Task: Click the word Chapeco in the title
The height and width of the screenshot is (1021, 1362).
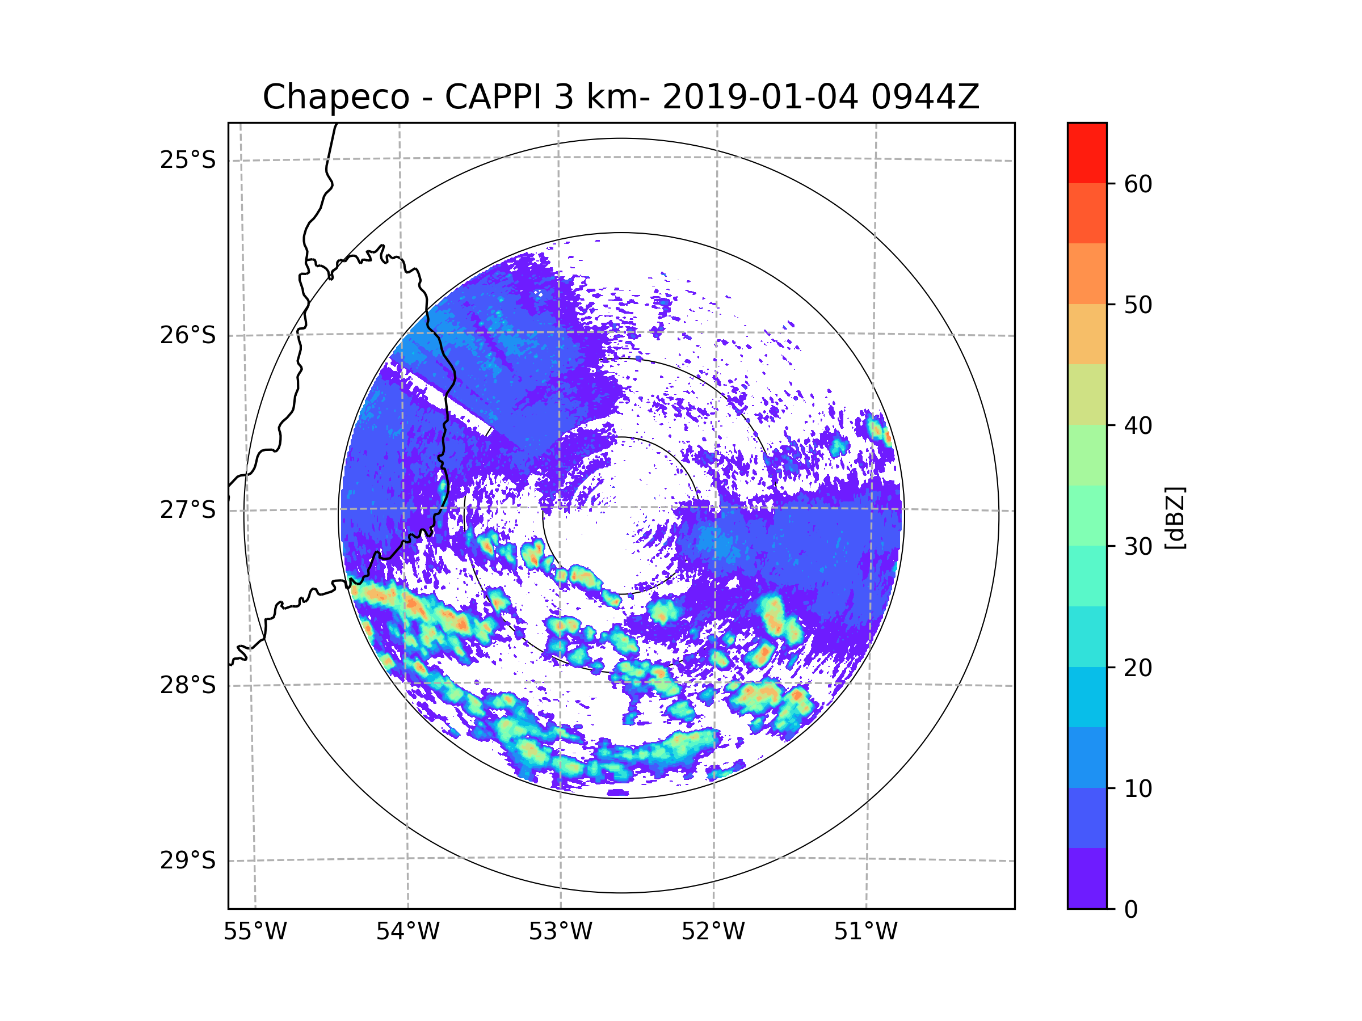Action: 335,97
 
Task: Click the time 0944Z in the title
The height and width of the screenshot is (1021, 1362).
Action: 924,97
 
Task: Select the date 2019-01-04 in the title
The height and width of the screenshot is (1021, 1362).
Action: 760,97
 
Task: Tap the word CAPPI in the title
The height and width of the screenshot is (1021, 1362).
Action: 493,97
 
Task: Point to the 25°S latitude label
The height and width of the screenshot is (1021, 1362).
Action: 188,160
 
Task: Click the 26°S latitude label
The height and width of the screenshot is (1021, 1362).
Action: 188,335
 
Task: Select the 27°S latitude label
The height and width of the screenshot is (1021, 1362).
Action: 188,510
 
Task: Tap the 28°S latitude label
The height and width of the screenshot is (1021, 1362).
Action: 188,685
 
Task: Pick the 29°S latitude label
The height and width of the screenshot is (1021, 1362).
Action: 188,860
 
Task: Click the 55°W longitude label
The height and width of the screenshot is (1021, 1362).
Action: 255,932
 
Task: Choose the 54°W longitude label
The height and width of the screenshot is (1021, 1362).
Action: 407,932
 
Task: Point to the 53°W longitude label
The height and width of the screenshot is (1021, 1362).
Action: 560,932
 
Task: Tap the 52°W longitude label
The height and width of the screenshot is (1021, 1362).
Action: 713,932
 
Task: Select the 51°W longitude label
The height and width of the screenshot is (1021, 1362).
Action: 865,932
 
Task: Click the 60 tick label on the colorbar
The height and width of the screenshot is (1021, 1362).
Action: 1138,184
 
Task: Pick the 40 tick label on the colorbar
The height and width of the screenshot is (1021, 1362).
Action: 1138,426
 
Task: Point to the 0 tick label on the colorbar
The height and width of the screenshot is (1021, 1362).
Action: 1131,910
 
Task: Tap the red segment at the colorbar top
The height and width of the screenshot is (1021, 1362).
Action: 1087,153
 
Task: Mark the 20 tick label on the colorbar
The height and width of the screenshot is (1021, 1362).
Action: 1138,668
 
